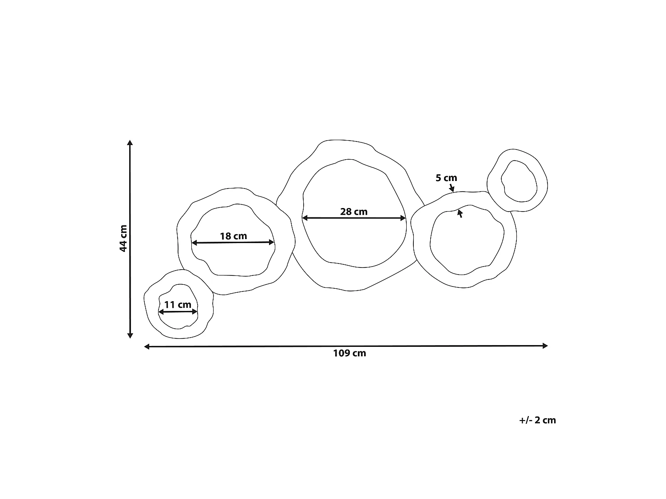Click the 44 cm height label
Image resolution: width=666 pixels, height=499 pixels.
click(x=123, y=238)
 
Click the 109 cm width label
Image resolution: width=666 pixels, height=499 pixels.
click(x=349, y=353)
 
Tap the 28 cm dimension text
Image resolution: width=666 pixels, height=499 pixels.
click(x=354, y=212)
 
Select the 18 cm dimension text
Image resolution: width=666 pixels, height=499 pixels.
click(x=234, y=236)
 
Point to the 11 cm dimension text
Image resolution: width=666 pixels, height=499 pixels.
click(x=178, y=304)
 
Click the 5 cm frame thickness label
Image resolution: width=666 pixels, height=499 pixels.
click(x=446, y=178)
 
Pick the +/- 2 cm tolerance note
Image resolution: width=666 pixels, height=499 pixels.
click(x=537, y=420)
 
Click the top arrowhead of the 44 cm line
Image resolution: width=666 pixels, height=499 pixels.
click(x=130, y=142)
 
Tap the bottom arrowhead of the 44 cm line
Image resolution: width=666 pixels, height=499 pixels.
click(x=130, y=336)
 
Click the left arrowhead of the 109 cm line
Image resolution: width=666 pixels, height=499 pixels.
click(x=147, y=346)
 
